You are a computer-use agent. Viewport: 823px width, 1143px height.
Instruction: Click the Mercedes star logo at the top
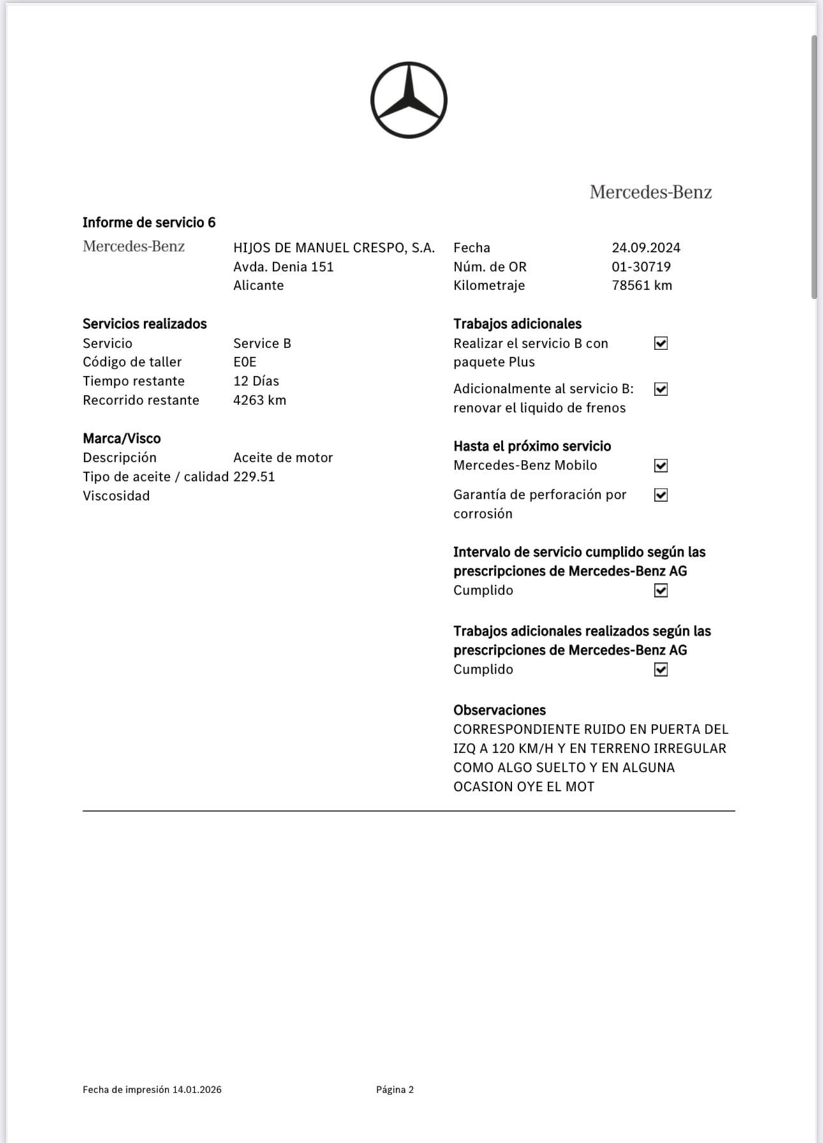click(408, 100)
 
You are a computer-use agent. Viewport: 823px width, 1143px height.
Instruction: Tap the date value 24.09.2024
click(646, 247)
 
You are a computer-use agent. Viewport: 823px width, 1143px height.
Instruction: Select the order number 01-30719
click(641, 267)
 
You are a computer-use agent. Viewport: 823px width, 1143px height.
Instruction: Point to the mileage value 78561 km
click(642, 285)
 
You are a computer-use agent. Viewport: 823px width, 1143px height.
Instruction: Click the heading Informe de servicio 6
click(149, 223)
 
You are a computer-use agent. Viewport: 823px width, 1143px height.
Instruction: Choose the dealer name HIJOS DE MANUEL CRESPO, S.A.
click(334, 247)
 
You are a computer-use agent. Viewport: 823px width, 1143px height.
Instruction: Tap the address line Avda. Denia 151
click(283, 267)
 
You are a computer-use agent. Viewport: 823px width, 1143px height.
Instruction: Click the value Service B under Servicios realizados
click(262, 343)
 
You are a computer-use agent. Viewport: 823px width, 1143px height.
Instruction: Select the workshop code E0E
click(245, 362)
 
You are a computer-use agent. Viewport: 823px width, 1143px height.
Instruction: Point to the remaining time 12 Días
click(256, 381)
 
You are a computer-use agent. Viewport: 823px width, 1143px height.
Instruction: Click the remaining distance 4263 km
click(260, 400)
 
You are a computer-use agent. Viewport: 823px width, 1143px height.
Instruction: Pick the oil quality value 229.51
click(254, 476)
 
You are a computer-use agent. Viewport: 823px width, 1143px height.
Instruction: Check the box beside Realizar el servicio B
click(661, 343)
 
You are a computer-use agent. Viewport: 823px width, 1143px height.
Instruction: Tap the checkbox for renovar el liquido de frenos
click(661, 389)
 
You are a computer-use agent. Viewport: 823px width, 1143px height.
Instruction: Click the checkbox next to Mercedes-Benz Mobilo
click(661, 466)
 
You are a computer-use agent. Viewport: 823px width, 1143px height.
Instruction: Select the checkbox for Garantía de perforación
click(661, 495)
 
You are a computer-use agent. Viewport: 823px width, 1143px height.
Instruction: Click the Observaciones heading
click(500, 710)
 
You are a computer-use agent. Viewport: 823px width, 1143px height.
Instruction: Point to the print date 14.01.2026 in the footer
click(196, 1089)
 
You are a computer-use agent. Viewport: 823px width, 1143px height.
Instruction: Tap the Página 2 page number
click(395, 1089)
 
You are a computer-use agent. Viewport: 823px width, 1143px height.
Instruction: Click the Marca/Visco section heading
click(121, 438)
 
